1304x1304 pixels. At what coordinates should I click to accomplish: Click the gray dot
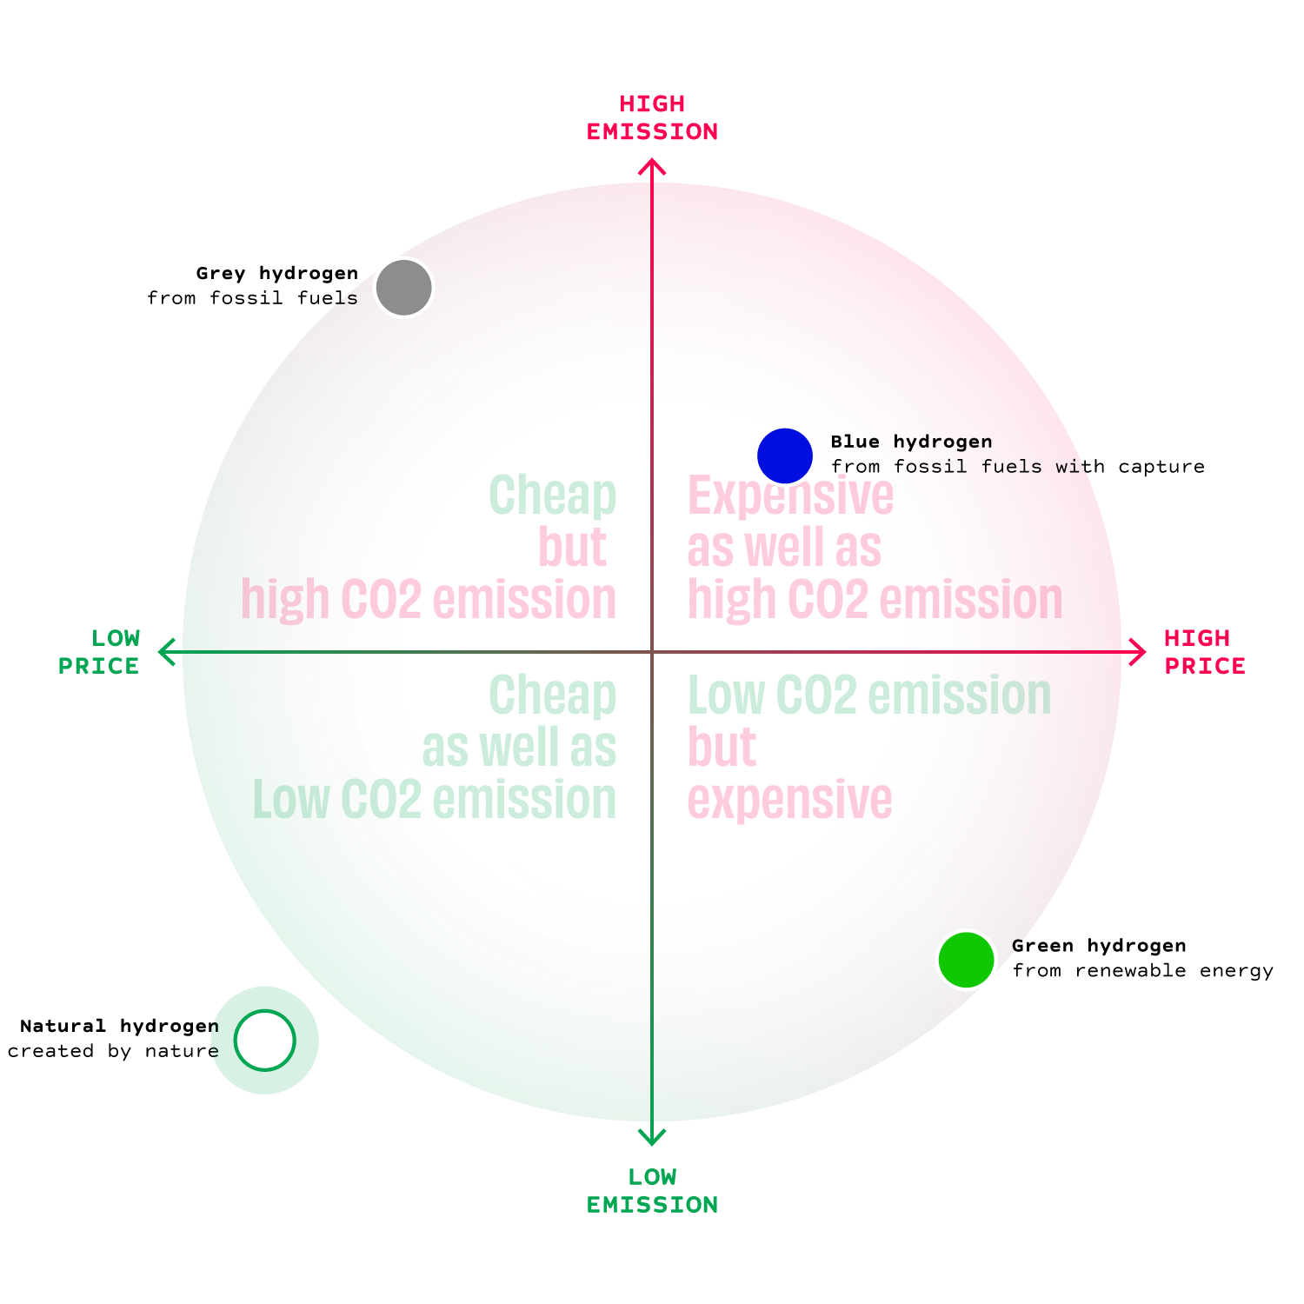[403, 287]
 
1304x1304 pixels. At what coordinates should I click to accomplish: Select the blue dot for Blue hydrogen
[784, 456]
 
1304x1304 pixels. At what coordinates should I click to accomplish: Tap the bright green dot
[966, 960]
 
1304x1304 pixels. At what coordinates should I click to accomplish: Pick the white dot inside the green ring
[264, 1040]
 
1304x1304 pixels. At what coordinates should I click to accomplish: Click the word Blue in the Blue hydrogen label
[855, 442]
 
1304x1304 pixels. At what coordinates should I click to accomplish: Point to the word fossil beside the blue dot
[930, 467]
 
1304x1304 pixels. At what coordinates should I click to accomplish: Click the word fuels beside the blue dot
[1012, 467]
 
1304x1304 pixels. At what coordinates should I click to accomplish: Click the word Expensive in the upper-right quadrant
[790, 496]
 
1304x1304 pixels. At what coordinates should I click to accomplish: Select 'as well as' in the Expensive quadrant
[784, 548]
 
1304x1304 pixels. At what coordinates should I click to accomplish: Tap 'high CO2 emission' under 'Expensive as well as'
[875, 600]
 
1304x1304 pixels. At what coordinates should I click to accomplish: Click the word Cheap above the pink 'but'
[553, 496]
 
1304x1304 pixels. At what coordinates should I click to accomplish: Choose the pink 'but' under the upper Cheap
[572, 548]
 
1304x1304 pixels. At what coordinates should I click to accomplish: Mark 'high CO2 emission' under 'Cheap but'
[429, 600]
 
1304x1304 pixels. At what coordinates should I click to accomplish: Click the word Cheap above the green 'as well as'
[553, 695]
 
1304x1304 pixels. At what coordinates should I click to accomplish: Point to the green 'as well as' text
[519, 748]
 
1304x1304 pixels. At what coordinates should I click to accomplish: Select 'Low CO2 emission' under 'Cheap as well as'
[435, 800]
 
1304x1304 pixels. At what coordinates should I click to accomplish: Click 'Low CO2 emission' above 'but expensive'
[869, 695]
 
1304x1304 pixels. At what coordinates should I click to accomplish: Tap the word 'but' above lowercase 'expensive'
[722, 748]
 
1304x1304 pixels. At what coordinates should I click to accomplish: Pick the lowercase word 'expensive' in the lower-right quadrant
[789, 800]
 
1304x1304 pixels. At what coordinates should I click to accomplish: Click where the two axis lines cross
[652, 651]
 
